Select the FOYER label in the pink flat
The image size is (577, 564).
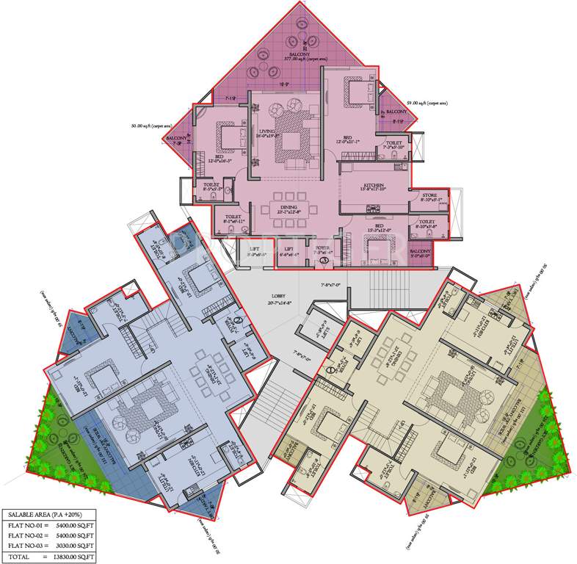323,249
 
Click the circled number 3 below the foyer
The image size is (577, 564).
323,261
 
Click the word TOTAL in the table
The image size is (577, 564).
21,557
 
